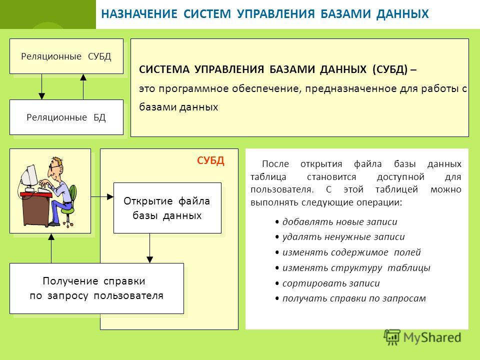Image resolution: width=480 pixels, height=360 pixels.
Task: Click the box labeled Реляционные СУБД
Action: (x=66, y=56)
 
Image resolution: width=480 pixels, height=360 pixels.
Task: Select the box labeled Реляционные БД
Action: (x=66, y=117)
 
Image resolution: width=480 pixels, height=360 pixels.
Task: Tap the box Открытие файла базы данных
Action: (x=167, y=208)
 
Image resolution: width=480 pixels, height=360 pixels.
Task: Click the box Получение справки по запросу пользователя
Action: (x=96, y=288)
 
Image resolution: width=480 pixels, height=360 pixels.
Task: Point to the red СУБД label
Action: (x=210, y=160)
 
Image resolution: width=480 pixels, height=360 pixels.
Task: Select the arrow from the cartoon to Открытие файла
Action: (x=102, y=197)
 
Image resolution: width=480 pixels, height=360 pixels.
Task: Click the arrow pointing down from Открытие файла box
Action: (x=149, y=248)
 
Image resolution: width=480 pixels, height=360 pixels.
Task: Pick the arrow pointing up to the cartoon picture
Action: (x=51, y=248)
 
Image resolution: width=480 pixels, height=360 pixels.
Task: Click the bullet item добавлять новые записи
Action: (x=336, y=221)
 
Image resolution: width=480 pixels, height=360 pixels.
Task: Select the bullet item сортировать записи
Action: (x=327, y=283)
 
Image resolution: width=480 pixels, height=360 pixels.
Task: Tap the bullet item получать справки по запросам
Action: (x=350, y=298)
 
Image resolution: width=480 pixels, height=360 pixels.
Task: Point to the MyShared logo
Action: (x=422, y=337)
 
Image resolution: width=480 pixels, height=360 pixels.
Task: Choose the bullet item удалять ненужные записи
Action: (x=340, y=237)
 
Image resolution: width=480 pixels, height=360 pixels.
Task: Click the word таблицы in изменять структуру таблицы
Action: (x=409, y=268)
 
